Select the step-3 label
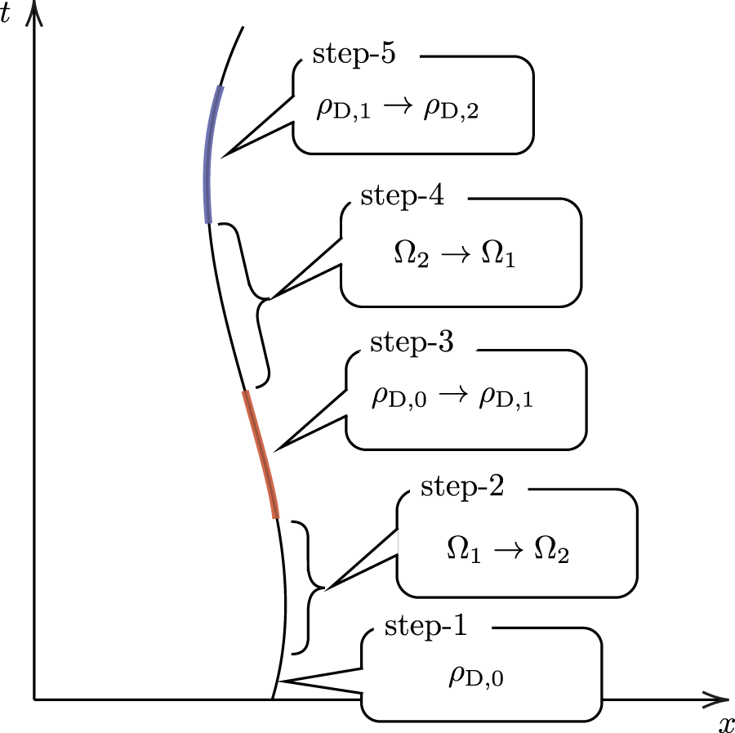click(412, 342)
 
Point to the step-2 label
click(462, 487)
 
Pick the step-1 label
click(426, 628)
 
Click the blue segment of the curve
click(210, 155)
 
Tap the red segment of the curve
click(261, 454)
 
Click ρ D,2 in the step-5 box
click(450, 110)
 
